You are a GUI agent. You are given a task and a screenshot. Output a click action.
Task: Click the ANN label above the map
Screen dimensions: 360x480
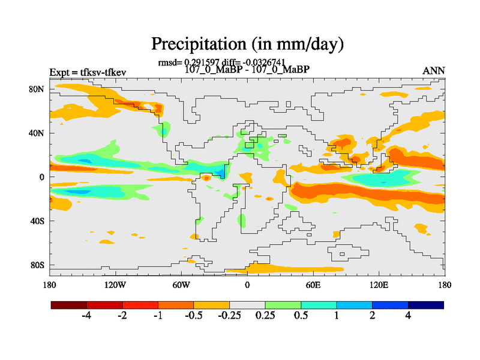[434, 71]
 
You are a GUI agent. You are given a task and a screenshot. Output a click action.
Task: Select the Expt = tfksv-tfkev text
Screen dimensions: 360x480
[88, 73]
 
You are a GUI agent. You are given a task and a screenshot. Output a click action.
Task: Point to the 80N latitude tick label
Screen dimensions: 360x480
[38, 89]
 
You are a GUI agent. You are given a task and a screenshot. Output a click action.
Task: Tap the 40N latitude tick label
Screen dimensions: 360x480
[38, 133]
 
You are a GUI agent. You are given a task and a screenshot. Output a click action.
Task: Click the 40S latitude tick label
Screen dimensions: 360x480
[38, 221]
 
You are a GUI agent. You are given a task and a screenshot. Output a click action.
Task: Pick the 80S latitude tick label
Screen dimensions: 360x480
[38, 265]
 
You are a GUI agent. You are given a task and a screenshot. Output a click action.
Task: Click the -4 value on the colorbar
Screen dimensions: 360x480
[86, 316]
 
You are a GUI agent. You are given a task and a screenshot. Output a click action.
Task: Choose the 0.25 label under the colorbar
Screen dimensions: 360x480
[265, 316]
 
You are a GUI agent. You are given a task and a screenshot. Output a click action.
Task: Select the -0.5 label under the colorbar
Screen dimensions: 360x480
[193, 316]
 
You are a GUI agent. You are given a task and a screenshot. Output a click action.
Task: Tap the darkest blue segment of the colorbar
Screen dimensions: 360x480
[426, 305]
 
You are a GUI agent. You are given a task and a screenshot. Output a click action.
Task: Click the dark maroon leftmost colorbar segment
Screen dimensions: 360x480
[69, 305]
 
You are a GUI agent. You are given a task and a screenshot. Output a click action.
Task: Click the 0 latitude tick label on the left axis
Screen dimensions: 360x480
[43, 177]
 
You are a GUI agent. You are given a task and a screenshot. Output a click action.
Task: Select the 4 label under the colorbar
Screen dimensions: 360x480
[408, 316]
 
